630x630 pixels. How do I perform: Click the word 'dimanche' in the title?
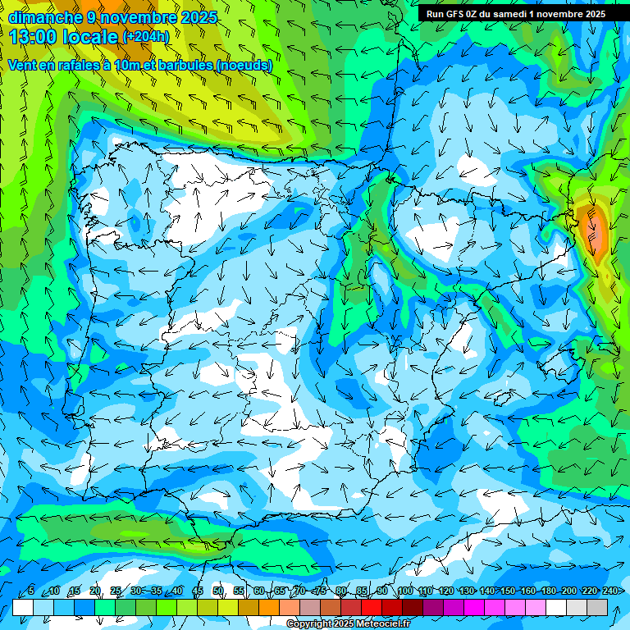(45, 17)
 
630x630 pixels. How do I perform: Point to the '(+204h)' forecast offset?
(145, 37)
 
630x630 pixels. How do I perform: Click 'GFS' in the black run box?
(459, 14)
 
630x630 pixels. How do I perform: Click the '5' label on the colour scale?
(31, 591)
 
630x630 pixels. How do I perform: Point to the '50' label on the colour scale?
(218, 591)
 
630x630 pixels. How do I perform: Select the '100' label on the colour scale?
(405, 591)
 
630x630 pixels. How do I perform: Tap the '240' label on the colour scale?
(609, 591)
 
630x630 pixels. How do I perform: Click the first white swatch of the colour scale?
(23, 607)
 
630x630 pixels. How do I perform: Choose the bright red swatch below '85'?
(372, 607)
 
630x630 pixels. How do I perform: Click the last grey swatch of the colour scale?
(597, 607)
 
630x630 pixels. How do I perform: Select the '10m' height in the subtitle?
(126, 66)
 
